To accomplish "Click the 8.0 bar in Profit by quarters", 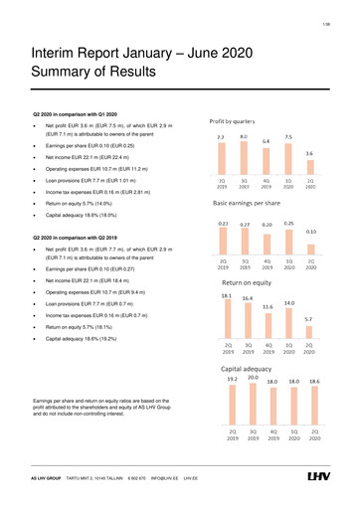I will (x=244, y=157).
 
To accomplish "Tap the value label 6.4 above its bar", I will (x=267, y=141).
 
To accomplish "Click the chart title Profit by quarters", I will (x=234, y=118).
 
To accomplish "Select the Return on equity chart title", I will (x=236, y=283).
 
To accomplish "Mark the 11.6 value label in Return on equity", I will (x=267, y=307).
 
